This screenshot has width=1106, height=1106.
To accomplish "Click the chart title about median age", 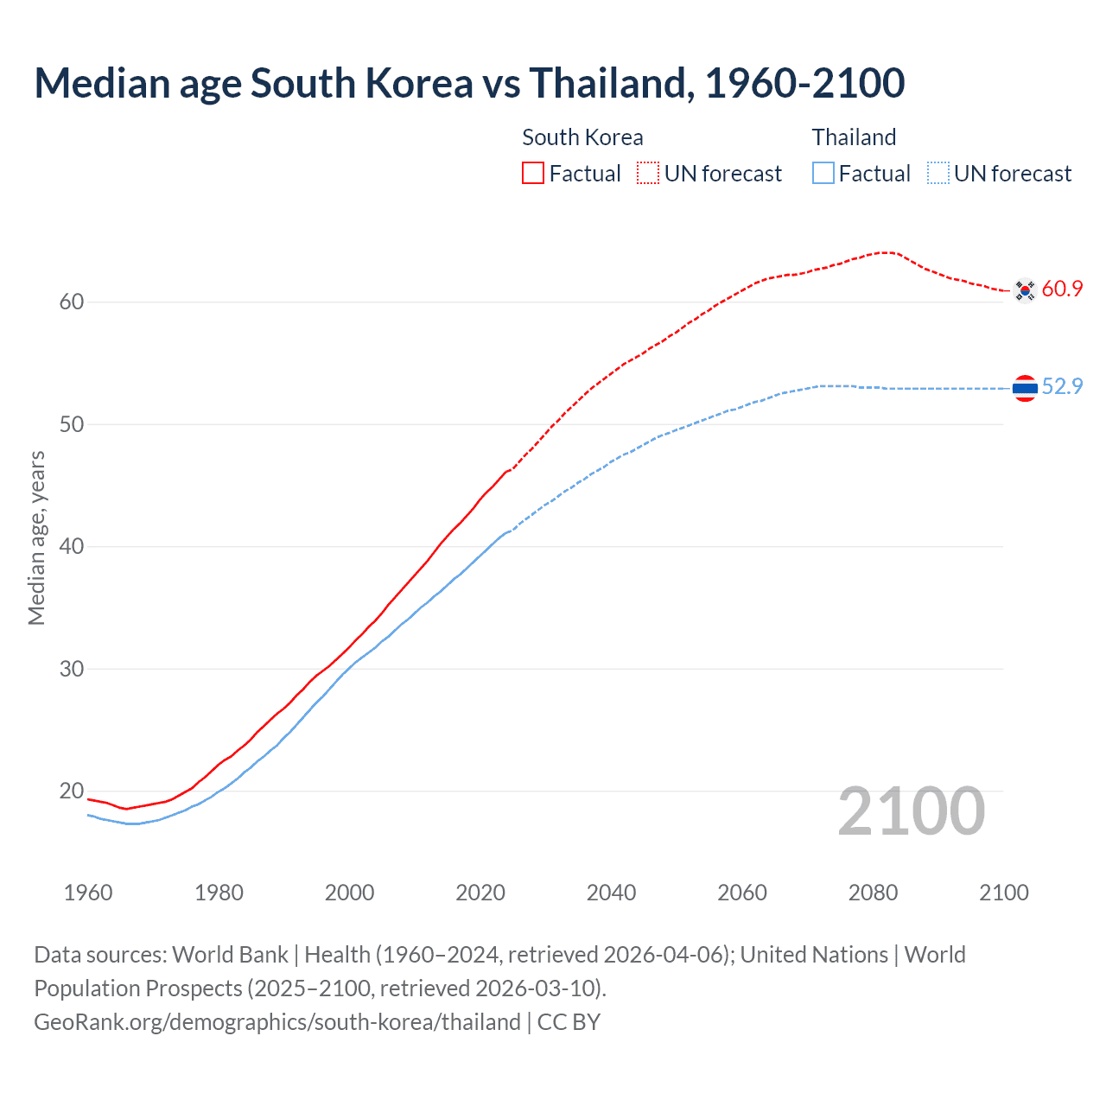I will pyautogui.click(x=469, y=83).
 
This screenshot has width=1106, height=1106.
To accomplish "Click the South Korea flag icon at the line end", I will pyautogui.click(x=1025, y=290).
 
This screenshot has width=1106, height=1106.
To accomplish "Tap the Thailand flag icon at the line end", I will pyautogui.click(x=1025, y=389).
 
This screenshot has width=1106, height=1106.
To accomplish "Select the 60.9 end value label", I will pyautogui.click(x=1062, y=289).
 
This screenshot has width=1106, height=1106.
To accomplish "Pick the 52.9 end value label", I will pyautogui.click(x=1062, y=387).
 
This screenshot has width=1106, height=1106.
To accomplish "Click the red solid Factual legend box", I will pyautogui.click(x=533, y=174).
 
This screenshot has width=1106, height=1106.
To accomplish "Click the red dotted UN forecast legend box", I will pyautogui.click(x=648, y=174).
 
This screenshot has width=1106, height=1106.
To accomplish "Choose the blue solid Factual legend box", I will pyautogui.click(x=823, y=174).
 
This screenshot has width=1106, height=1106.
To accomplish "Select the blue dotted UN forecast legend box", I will pyautogui.click(x=938, y=174).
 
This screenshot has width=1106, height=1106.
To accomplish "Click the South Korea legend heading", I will pyautogui.click(x=582, y=137).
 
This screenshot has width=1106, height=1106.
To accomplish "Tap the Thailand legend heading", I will pyautogui.click(x=854, y=137).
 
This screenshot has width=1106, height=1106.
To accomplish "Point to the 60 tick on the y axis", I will pyautogui.click(x=72, y=302).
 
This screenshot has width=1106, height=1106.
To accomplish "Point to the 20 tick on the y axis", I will pyautogui.click(x=72, y=791).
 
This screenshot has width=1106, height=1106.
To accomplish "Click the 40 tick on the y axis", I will pyautogui.click(x=72, y=547).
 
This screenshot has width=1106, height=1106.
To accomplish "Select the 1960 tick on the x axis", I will pyautogui.click(x=88, y=893).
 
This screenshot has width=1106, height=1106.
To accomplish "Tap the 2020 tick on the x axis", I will pyautogui.click(x=480, y=893).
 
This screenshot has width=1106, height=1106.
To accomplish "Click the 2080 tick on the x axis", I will pyautogui.click(x=873, y=893).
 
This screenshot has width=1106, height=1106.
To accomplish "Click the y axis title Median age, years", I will pyautogui.click(x=36, y=537).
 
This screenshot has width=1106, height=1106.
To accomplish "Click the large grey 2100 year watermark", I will pyautogui.click(x=911, y=811).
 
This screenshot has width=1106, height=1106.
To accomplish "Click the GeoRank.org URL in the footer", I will pyautogui.click(x=277, y=1022).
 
